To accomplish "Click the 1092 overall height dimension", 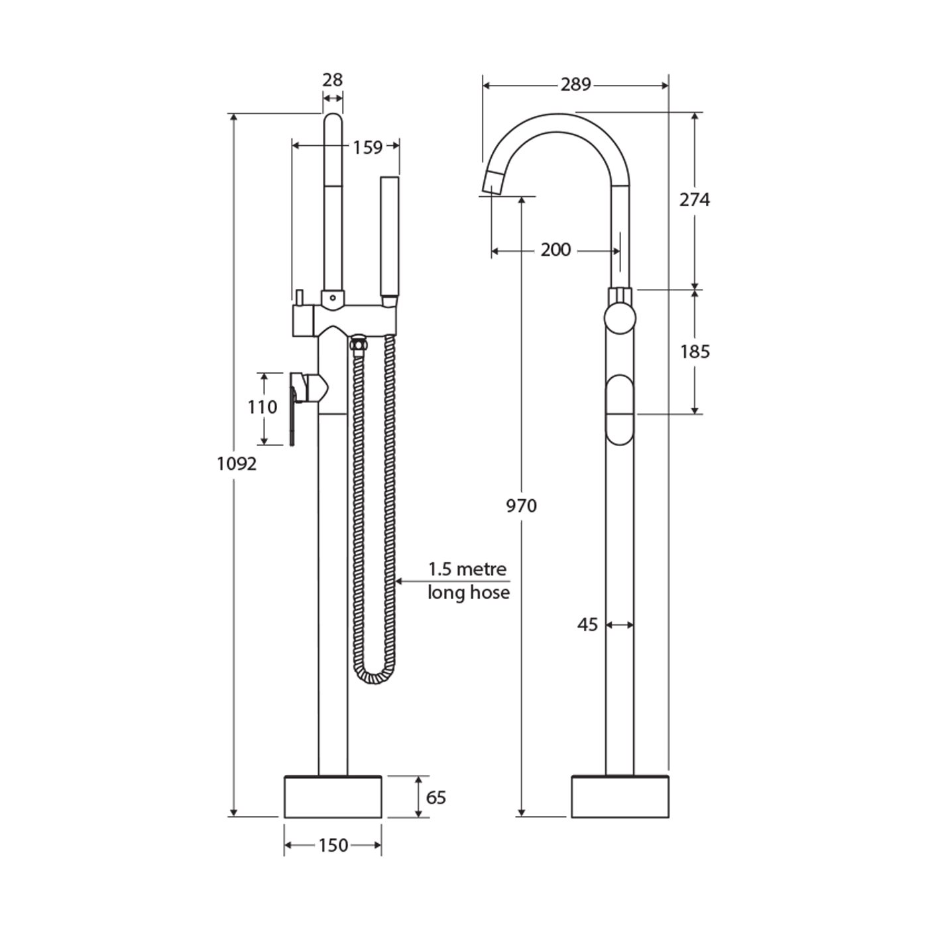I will [x=237, y=463].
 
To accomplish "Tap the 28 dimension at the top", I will [x=333, y=80].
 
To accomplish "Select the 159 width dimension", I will [x=368, y=147].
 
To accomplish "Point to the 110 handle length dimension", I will [x=262, y=407].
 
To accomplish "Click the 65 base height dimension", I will [x=435, y=797].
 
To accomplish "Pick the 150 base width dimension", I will [x=333, y=845].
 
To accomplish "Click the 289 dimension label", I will [x=575, y=85].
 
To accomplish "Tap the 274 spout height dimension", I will [x=694, y=200].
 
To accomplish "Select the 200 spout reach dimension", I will [x=555, y=250].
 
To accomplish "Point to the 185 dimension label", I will [x=695, y=351].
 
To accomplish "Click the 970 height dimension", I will [x=521, y=506].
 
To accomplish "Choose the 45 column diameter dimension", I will [x=587, y=625].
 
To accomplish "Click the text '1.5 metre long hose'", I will [x=468, y=581].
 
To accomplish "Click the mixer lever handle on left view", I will [x=293, y=411].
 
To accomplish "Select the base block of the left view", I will [x=333, y=797].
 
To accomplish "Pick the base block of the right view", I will [x=620, y=797].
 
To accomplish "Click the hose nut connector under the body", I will [x=358, y=344].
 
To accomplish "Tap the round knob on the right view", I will [x=620, y=318].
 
